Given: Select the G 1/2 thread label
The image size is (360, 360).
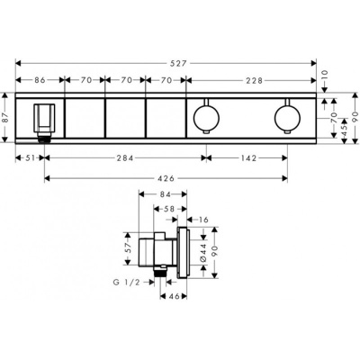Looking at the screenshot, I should (x=128, y=283).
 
